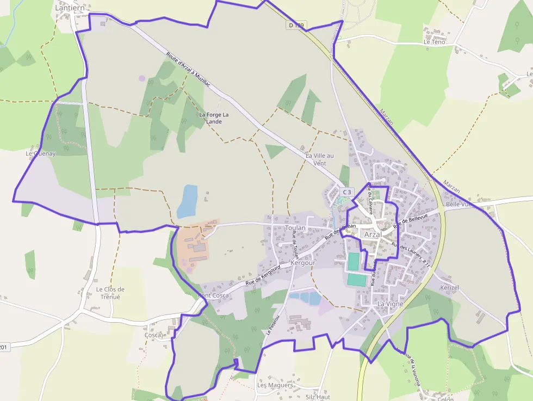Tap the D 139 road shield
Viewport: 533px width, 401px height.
click(x=297, y=25)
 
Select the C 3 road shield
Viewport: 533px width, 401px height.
click(x=347, y=192)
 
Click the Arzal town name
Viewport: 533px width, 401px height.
click(x=373, y=235)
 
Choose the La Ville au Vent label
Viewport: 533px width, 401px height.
click(x=319, y=159)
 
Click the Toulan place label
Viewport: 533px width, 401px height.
click(x=295, y=228)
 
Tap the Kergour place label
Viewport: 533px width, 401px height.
click(x=303, y=263)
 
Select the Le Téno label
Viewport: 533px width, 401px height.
click(x=434, y=42)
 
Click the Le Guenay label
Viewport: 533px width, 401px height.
click(x=41, y=154)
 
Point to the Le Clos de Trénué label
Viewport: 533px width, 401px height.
click(x=110, y=293)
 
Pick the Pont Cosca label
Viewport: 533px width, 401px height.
click(x=213, y=295)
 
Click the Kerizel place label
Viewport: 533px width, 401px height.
click(x=450, y=287)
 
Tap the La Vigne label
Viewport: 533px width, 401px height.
click(x=390, y=304)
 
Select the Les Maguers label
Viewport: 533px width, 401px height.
click(x=275, y=385)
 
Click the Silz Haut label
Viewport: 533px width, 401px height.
click(x=318, y=397)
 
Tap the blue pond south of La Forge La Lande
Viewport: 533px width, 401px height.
click(x=187, y=201)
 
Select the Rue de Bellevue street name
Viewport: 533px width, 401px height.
click(x=411, y=218)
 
